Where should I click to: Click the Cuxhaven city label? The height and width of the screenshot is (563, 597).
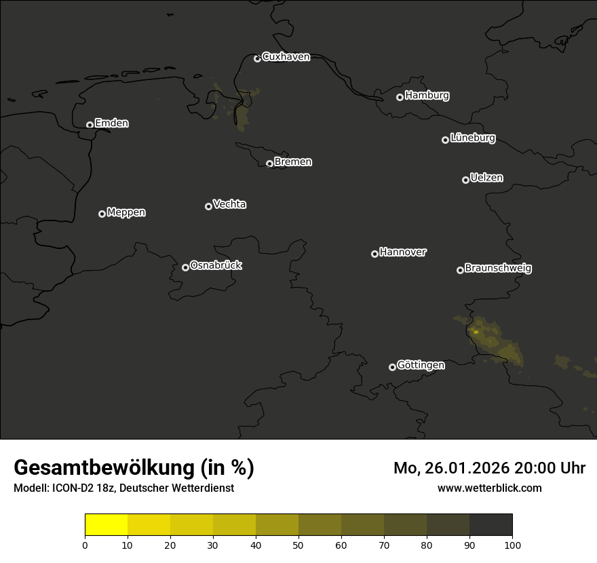coord(286,57)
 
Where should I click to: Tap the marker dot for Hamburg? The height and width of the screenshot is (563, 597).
coord(400,97)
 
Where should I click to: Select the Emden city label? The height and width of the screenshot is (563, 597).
coord(111,123)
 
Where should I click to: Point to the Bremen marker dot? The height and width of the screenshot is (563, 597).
coord(269,163)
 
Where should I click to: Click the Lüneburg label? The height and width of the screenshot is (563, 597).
coord(472,138)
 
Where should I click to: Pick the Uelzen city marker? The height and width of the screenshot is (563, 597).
coord(465,180)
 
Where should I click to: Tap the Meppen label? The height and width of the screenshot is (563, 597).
coord(126,212)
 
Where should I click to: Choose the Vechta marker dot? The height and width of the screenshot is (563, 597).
coord(208,206)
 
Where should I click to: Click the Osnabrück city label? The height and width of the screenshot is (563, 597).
coord(216,265)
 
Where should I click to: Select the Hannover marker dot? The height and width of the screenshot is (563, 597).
coord(374,254)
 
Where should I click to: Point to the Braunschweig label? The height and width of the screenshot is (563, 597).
coord(498,269)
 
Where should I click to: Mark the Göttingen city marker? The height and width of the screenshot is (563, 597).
coord(392,367)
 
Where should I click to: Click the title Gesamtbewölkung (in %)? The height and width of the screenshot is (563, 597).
coord(134,468)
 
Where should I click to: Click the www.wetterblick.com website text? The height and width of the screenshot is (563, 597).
coord(489,488)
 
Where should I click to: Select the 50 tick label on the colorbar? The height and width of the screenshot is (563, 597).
coord(298,545)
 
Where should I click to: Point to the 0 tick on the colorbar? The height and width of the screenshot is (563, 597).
coord(85,545)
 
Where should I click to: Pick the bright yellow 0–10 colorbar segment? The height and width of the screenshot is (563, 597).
coord(106,525)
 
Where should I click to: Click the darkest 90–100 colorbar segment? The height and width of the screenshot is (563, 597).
coord(490,525)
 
